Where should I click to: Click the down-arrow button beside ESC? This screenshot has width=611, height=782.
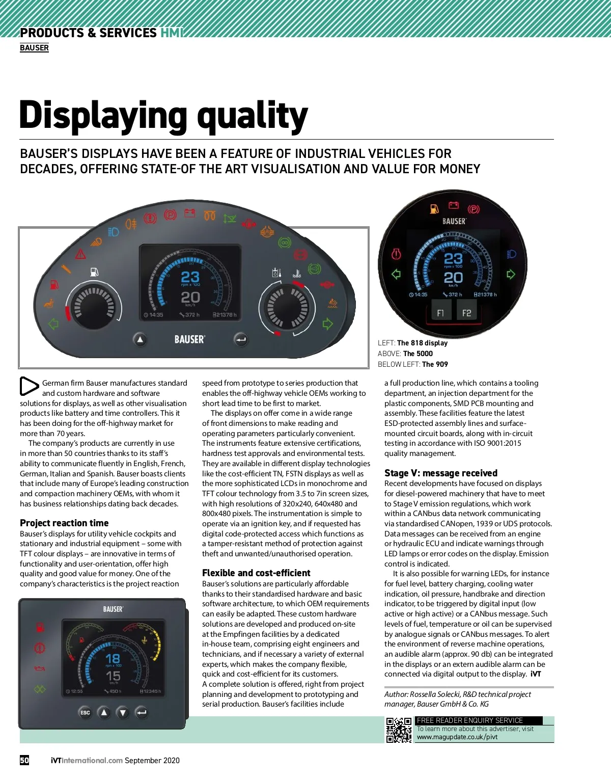(123, 712)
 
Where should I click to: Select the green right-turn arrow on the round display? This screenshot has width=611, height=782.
(511, 275)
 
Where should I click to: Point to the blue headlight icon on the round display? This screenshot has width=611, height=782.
(511, 254)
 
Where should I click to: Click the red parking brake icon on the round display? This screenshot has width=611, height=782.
(474, 209)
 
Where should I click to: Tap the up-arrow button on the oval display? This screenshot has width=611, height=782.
(140, 339)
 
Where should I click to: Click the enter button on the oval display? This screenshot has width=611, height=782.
(241, 339)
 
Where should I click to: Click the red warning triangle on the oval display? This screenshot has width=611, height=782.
(80, 253)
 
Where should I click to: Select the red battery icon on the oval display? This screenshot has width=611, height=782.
(190, 213)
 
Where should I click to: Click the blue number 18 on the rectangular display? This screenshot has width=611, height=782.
(113, 658)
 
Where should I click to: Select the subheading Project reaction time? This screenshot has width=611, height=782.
(64, 523)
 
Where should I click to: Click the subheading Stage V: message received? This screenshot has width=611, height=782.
(440, 473)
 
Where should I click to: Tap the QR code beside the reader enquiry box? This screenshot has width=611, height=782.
(399, 730)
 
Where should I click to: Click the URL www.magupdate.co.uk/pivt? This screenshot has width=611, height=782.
(457, 737)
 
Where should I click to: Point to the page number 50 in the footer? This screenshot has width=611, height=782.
(24, 760)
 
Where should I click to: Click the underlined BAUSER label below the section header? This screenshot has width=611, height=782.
(34, 48)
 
